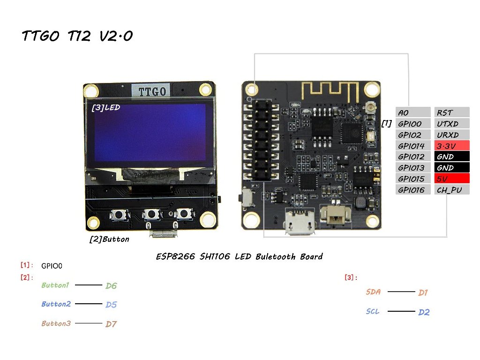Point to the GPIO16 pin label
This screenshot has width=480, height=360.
(x=412, y=190)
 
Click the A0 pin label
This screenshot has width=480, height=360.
(x=412, y=112)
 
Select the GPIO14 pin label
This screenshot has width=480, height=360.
(x=412, y=146)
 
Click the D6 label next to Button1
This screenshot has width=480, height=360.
(x=111, y=286)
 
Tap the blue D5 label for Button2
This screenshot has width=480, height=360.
(x=111, y=305)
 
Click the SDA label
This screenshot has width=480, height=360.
(x=373, y=292)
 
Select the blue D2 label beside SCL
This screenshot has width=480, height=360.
(x=424, y=312)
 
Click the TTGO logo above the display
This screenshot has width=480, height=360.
(x=151, y=90)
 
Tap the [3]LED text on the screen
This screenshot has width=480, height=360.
(x=106, y=107)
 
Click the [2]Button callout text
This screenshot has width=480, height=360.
(x=109, y=239)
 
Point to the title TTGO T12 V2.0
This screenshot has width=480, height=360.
(x=77, y=37)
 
